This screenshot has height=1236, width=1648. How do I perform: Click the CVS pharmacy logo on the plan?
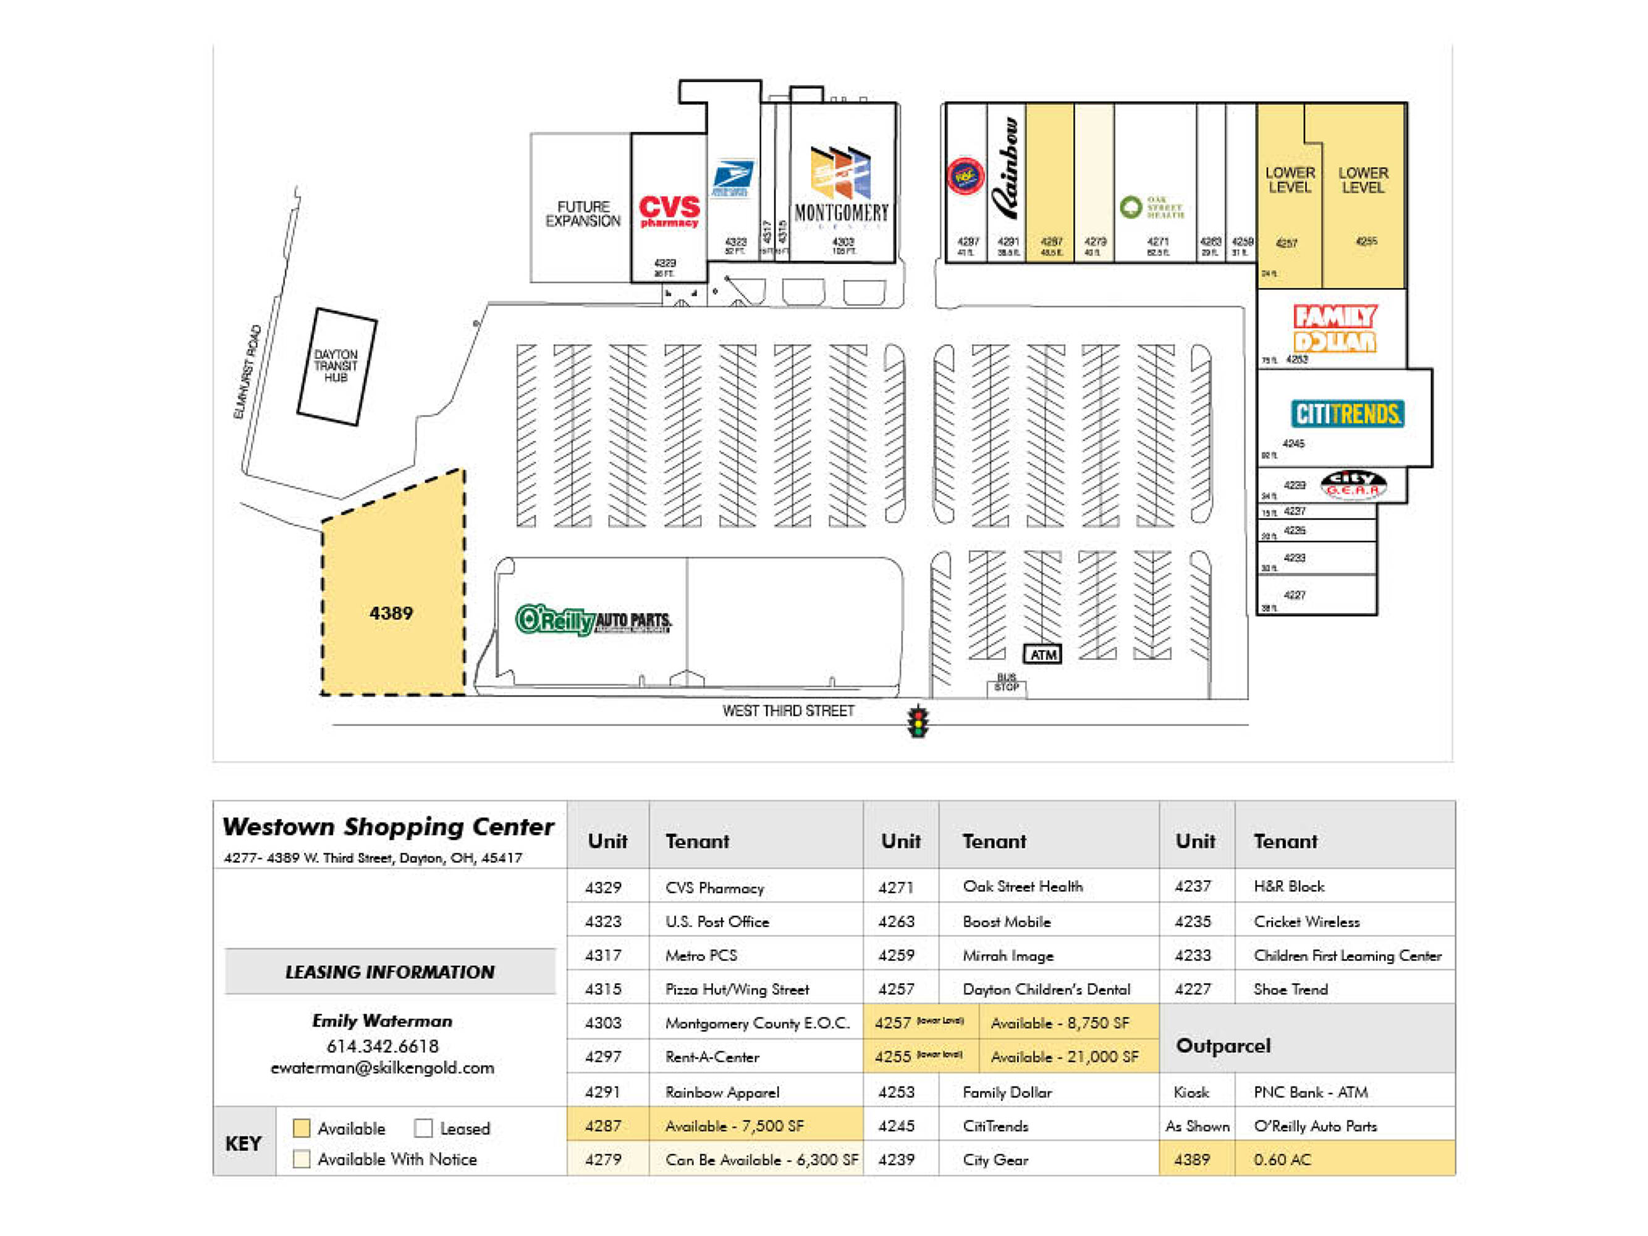(669, 211)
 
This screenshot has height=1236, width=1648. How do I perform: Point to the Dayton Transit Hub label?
(336, 366)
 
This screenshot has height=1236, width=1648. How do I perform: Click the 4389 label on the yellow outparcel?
(391, 613)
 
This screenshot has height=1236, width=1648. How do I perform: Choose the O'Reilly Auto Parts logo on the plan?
(593, 619)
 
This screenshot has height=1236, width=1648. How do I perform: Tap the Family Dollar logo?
(1335, 329)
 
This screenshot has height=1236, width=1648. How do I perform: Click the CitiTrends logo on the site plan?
(1347, 414)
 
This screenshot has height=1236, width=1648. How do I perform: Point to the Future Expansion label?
(583, 214)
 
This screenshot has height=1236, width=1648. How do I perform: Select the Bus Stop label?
(1006, 682)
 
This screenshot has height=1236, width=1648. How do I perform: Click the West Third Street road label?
(788, 711)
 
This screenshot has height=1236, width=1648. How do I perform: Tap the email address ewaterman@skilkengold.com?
(382, 1068)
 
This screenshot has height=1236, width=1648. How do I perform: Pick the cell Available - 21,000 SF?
(1064, 1056)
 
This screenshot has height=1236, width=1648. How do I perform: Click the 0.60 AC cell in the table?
(1282, 1159)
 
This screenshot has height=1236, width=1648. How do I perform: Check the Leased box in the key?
(423, 1128)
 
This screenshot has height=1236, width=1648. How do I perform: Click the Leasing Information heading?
(390, 971)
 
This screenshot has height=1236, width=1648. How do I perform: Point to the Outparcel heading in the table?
(1223, 1045)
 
